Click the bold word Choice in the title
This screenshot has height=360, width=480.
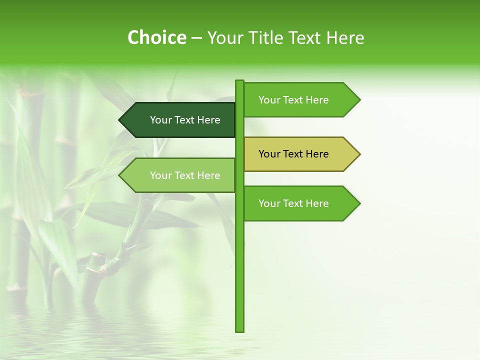[x=156, y=38]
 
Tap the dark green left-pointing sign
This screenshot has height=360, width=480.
[x=180, y=120]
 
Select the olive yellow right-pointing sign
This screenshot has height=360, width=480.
[x=297, y=154]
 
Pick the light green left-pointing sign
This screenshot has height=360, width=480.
[x=180, y=175]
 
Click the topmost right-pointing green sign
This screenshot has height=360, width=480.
[x=297, y=100]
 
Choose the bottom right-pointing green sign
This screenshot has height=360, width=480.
[x=297, y=203]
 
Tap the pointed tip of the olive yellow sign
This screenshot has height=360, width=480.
[x=359, y=154]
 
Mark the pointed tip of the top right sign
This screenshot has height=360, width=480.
[x=359, y=100]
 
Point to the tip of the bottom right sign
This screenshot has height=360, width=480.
[x=359, y=203]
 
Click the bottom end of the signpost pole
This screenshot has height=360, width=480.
[x=239, y=329]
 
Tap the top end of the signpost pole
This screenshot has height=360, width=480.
[x=239, y=81]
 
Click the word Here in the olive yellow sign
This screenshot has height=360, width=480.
[x=317, y=154]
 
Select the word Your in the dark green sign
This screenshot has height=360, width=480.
[x=160, y=120]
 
